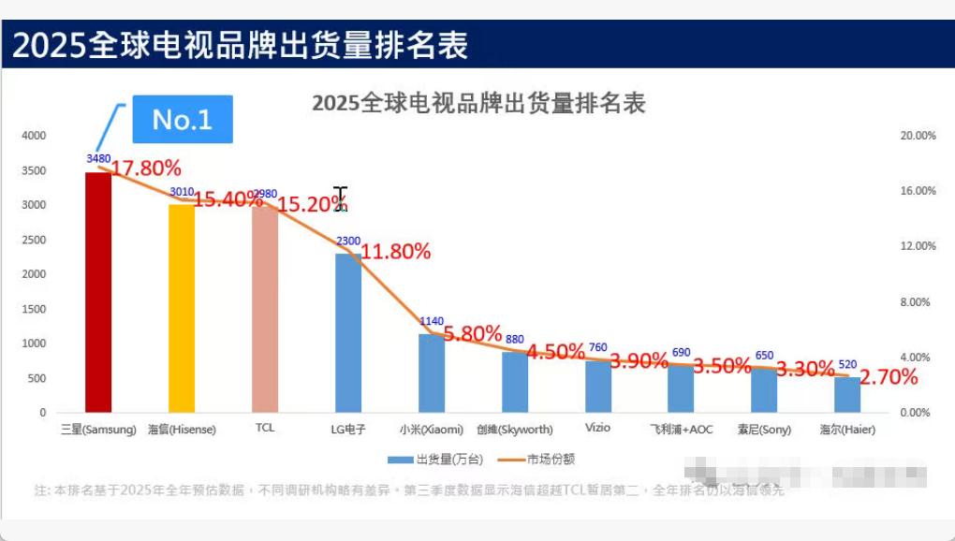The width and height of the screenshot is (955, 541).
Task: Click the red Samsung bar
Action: pos(98,292)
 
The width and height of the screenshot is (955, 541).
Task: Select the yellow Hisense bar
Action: pos(182,308)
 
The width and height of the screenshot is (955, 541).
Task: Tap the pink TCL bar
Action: pos(265,309)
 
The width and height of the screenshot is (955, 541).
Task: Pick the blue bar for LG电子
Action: pos(348,333)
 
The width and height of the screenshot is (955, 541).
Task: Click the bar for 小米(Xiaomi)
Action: pos(432,373)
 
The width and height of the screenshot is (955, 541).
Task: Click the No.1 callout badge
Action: pos(182,119)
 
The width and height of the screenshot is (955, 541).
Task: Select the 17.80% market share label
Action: pos(146,168)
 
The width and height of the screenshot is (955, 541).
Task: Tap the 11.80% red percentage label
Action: pos(396,251)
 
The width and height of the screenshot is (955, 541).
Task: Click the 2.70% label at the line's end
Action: pos(889,378)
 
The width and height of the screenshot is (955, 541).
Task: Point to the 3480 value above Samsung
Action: pos(98,159)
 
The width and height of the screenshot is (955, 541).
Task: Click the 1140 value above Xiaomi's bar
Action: pos(432,322)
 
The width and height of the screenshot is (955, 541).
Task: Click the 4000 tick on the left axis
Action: pos(34,136)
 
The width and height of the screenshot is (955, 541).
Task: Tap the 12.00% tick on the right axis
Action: pos(918,246)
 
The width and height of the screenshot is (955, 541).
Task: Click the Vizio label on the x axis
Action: pos(597,428)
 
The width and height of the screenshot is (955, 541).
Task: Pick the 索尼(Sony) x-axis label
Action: pos(764,430)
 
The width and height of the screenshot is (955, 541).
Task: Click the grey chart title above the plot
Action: pos(478,103)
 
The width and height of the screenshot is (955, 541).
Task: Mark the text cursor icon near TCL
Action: pos(341,198)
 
